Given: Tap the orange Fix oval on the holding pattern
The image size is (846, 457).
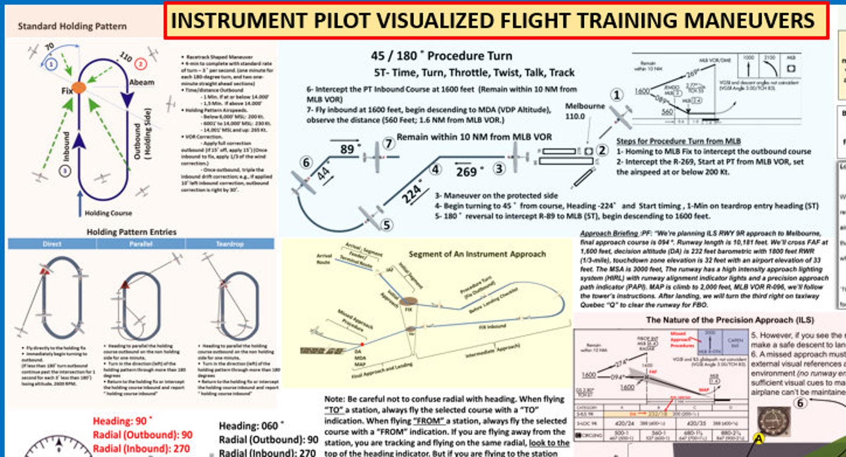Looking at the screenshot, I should [x=78, y=87].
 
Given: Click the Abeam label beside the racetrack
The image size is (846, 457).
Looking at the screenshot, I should [x=142, y=83].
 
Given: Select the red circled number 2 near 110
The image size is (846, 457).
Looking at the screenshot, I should [x=141, y=64].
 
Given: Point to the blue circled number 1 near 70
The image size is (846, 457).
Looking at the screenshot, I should [x=51, y=64].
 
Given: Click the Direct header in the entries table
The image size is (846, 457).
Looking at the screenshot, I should [x=52, y=244].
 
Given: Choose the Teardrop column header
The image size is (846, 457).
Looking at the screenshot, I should [x=230, y=244].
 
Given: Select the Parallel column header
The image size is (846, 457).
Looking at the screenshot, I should [x=141, y=244].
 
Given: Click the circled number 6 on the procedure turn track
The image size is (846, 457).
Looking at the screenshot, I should [x=306, y=162].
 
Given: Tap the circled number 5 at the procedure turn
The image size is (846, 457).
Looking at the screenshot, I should [x=387, y=225].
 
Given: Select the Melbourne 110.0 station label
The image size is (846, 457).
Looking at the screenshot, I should [x=584, y=111].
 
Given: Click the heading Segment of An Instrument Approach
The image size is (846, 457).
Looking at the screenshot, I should [x=477, y=254].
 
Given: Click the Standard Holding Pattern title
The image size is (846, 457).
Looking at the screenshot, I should [x=72, y=26].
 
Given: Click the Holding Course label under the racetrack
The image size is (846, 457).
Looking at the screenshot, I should [x=108, y=213].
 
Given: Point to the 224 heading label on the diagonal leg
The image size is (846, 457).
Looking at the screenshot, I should [x=411, y=192].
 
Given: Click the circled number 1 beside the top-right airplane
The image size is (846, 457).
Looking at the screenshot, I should [x=616, y=95].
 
